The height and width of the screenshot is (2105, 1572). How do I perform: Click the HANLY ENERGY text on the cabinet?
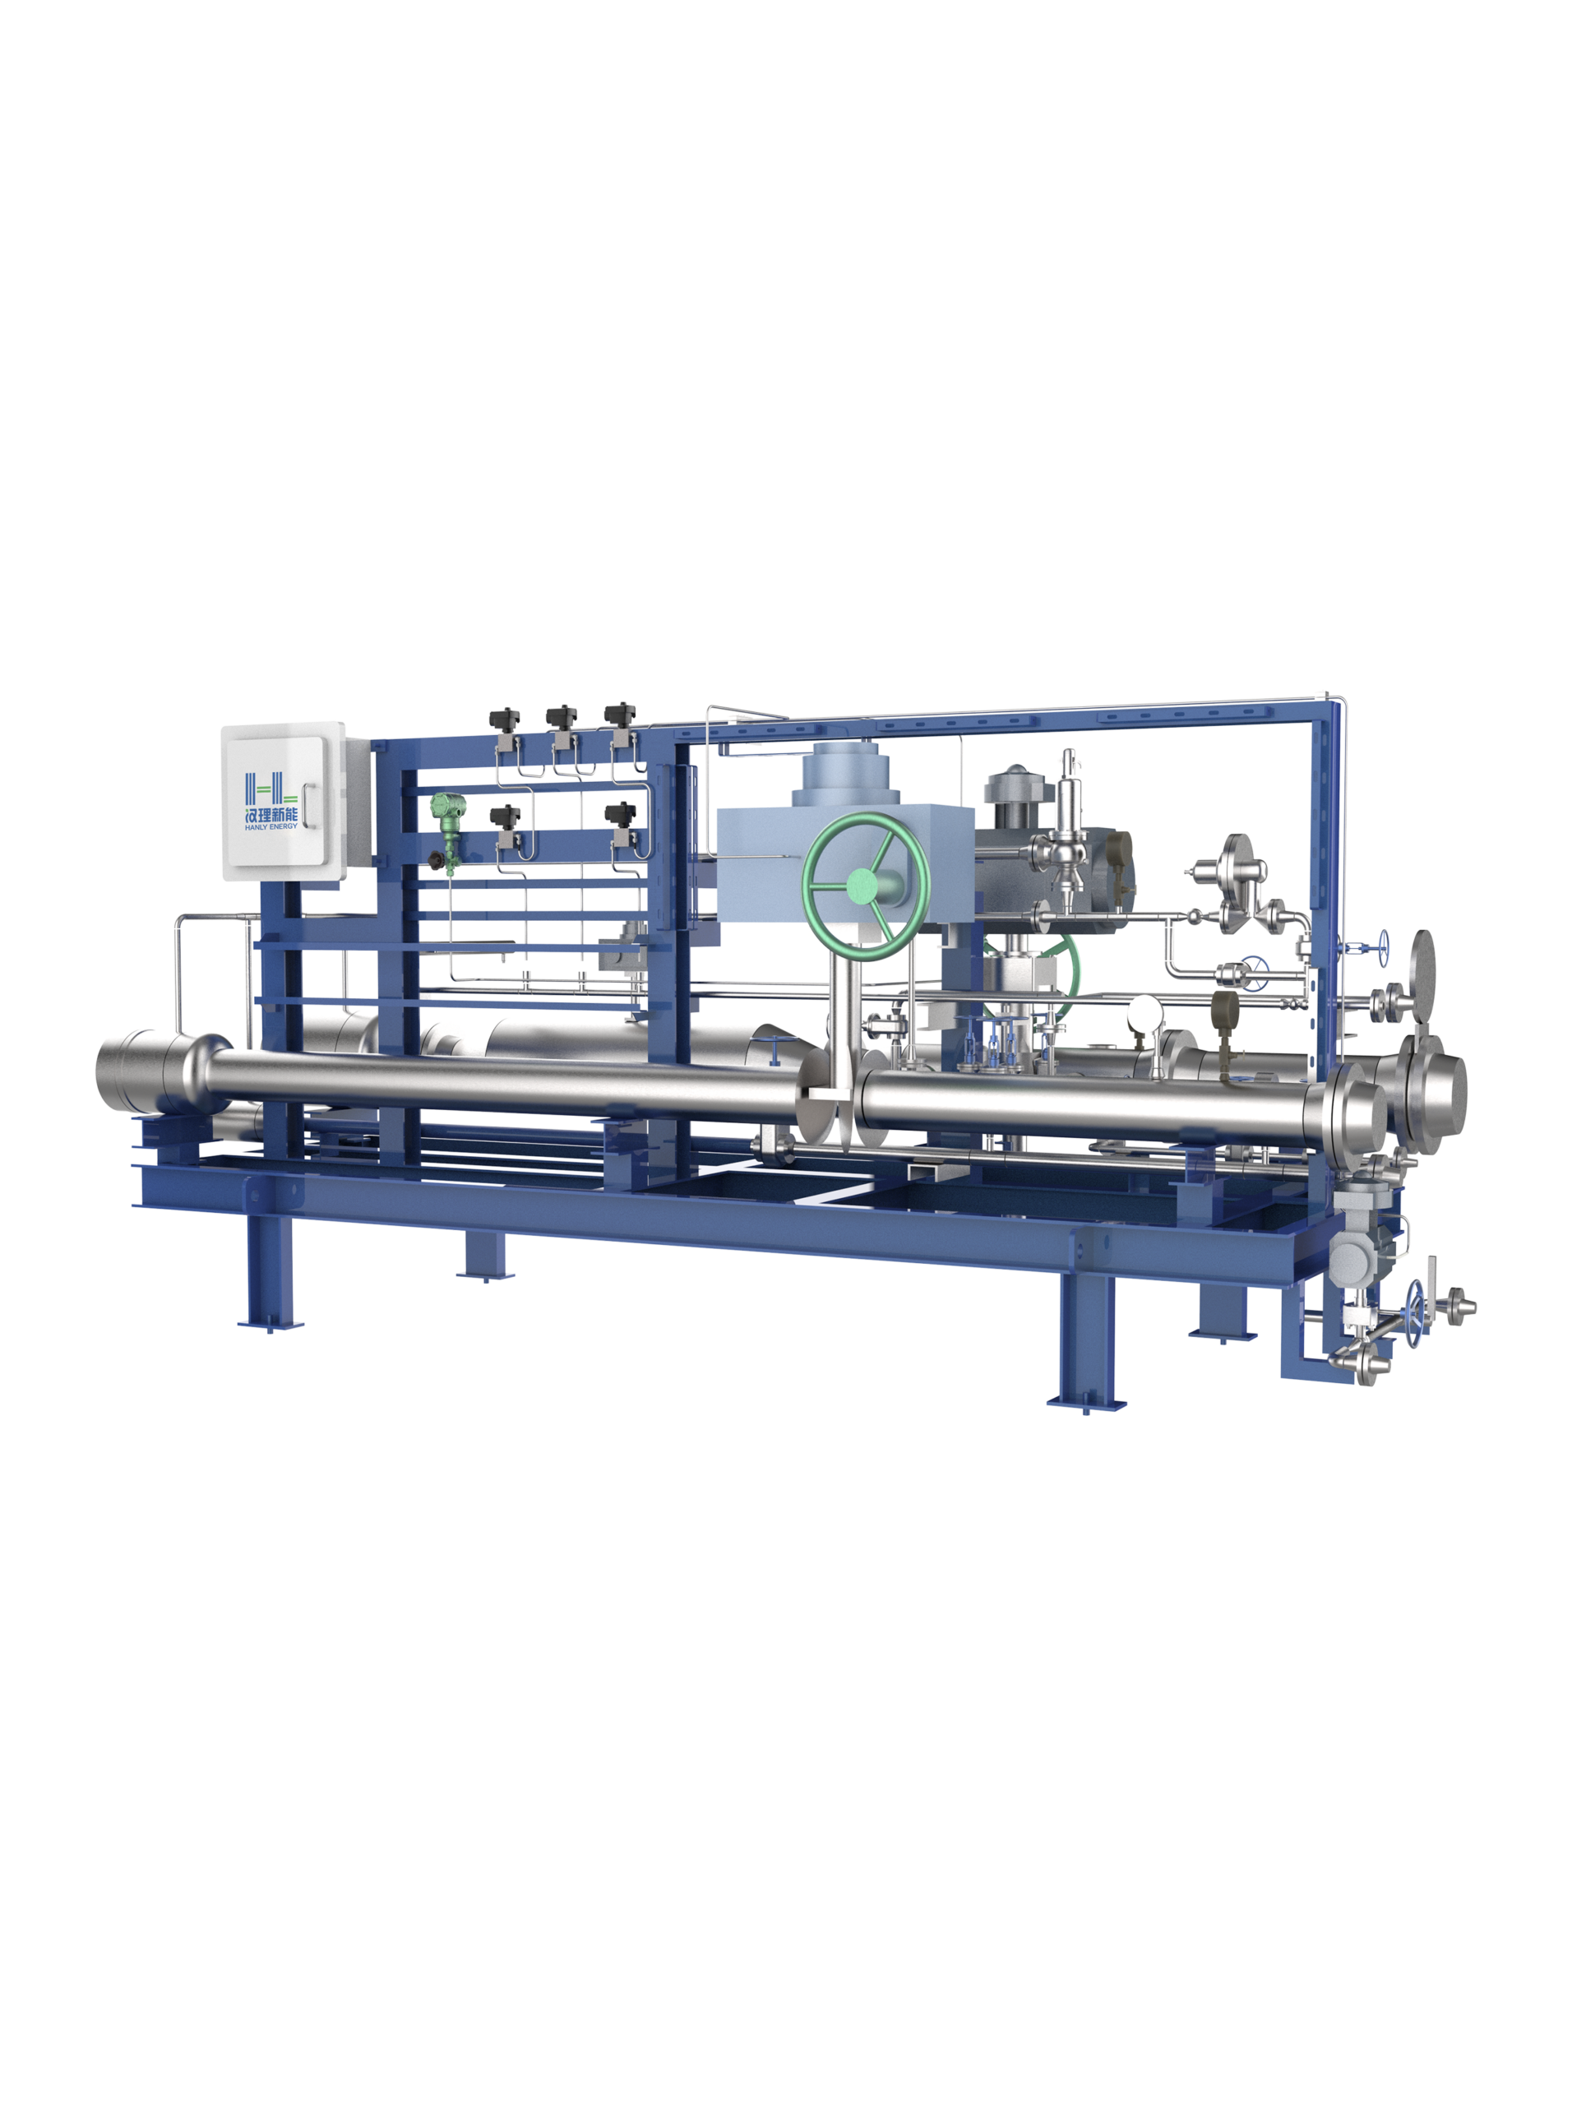tap(271, 826)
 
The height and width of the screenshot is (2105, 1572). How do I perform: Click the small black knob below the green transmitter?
tap(437, 860)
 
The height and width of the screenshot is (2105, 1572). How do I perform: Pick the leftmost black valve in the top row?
tap(504, 719)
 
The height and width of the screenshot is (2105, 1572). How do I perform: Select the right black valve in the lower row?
tap(621, 815)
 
